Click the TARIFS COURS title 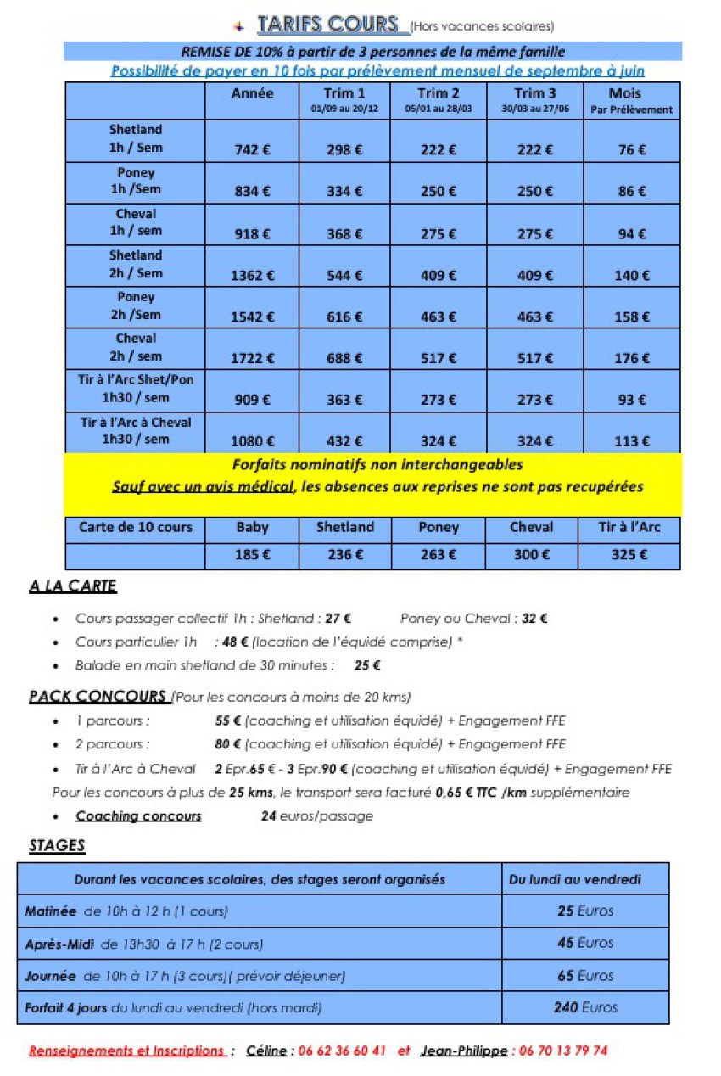tap(327, 24)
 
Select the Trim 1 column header tap(344, 99)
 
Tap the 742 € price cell tap(252, 149)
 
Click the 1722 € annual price tap(252, 358)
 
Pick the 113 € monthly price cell tap(632, 440)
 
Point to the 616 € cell tap(344, 317)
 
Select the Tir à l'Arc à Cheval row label tap(135, 430)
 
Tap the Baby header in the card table tap(252, 527)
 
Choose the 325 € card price tap(629, 555)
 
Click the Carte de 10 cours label tap(135, 527)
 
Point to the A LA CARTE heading tap(72, 586)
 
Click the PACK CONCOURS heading tap(97, 697)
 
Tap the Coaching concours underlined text tap(138, 816)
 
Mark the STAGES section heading tap(57, 846)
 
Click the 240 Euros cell tap(585, 1007)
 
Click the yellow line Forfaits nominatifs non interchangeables tap(377, 465)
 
